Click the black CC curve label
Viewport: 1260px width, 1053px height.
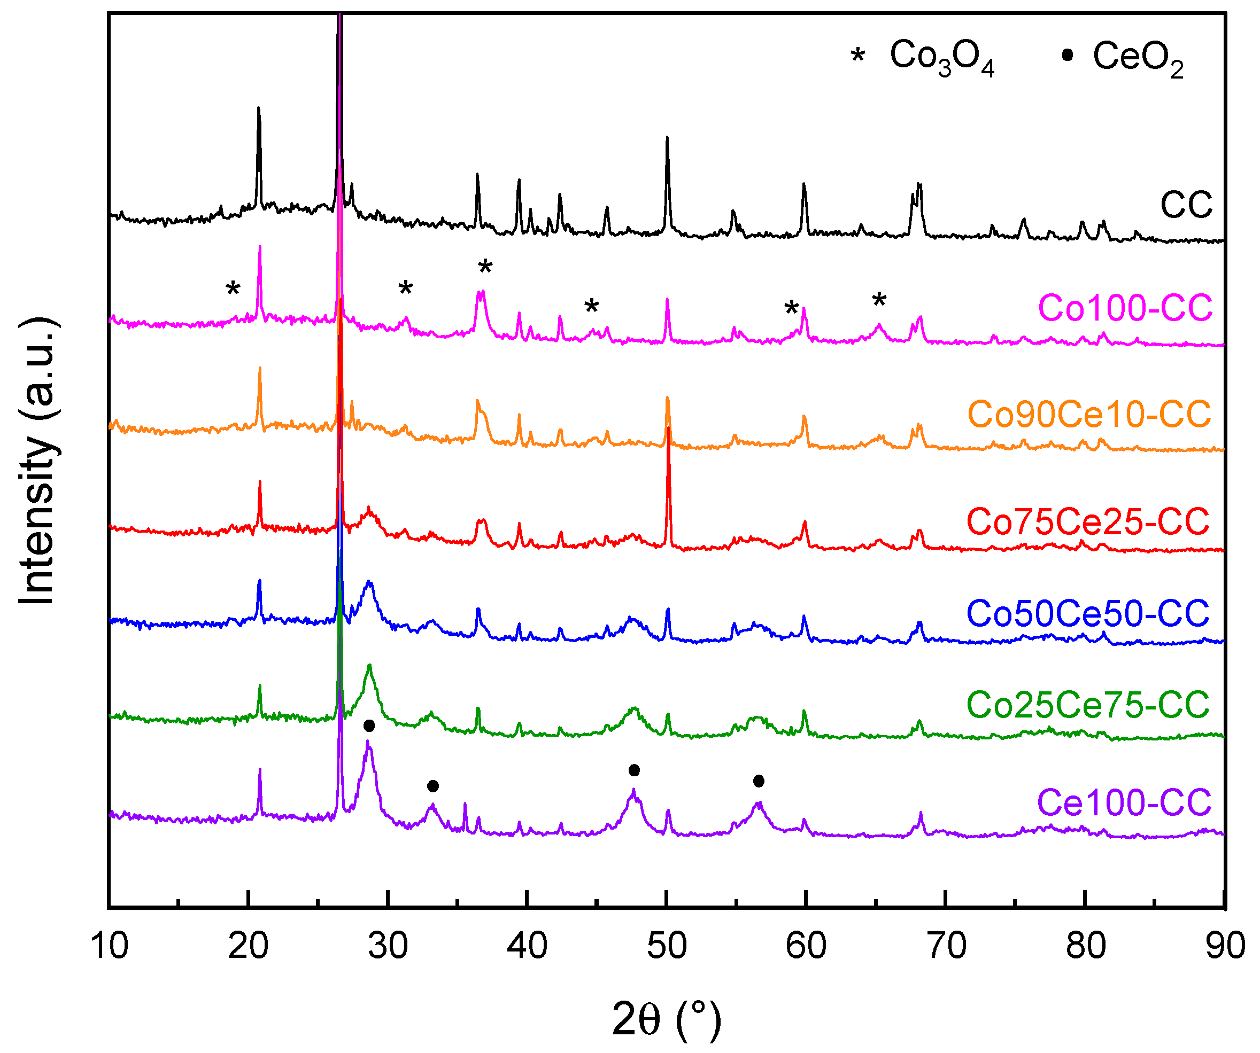click(1186, 205)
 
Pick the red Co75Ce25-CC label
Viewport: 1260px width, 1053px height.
click(1088, 520)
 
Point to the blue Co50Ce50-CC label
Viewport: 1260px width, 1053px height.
click(1088, 613)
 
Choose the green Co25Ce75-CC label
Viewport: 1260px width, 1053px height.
click(1088, 705)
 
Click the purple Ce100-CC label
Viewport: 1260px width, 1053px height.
click(1124, 802)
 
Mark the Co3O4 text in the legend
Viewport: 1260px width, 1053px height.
click(941, 57)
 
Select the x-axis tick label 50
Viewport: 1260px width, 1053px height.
click(667, 946)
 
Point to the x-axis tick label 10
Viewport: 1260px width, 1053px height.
click(109, 946)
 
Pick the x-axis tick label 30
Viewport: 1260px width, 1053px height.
click(388, 946)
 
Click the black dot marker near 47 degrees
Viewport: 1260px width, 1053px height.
click(634, 770)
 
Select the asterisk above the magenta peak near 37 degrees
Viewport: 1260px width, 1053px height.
click(485, 267)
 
